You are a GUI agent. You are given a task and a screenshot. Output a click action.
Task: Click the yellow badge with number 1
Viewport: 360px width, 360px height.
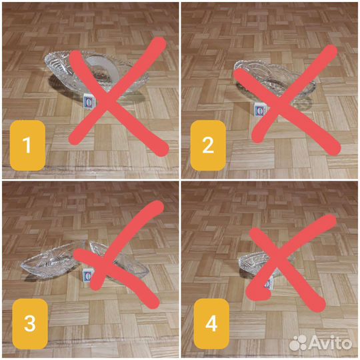pos(27,145)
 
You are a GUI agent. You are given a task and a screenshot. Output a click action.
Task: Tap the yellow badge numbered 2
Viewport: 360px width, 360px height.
pos(208,145)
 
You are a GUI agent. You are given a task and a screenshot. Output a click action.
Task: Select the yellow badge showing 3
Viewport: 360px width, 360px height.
pos(30,324)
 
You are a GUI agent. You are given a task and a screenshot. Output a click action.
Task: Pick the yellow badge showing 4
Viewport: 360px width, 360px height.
pos(211,324)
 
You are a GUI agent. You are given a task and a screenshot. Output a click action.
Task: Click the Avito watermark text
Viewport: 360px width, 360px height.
pos(331,343)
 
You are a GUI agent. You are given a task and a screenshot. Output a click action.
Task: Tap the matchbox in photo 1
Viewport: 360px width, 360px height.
pos(88,101)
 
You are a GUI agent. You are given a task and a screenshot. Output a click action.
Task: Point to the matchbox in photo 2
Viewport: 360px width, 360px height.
pos(260,111)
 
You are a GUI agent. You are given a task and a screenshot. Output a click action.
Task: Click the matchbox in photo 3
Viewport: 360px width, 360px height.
pos(87,275)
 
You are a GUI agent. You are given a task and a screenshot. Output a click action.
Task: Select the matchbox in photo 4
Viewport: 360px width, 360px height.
pos(269,284)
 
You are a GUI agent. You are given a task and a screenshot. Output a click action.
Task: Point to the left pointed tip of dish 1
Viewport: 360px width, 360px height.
pos(44,58)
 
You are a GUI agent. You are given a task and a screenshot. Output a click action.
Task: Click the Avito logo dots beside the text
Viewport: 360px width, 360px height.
pos(298,343)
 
